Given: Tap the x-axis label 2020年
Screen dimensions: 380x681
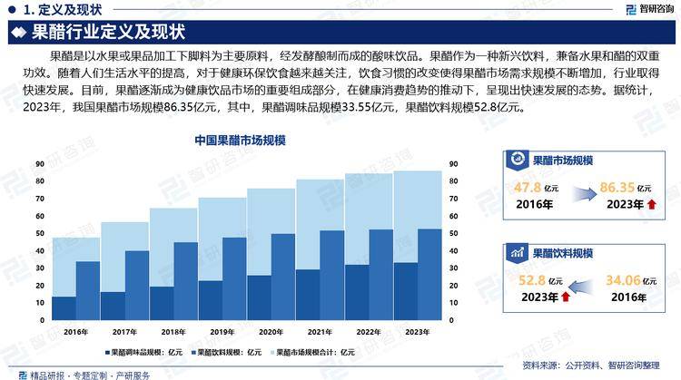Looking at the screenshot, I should [271, 331].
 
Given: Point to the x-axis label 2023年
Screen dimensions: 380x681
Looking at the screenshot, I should [417, 331].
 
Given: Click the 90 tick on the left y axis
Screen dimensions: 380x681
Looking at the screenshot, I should [41, 163].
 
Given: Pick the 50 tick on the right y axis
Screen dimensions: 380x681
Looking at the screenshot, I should [454, 233].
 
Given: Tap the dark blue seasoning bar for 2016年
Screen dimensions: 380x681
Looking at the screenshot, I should [64, 308].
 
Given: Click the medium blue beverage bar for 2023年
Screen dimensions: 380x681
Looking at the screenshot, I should [429, 275].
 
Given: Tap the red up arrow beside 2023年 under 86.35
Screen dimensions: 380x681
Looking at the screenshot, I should [650, 203].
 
